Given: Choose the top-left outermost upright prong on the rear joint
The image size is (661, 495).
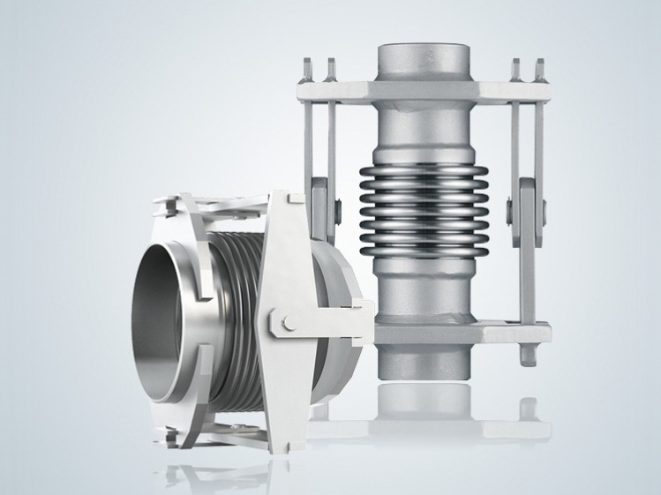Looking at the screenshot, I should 307,67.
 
